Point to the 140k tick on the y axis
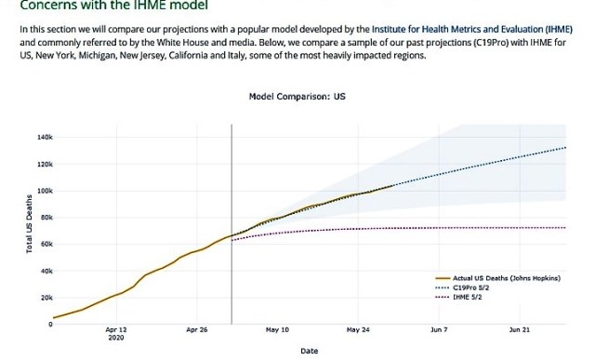[x=44, y=137]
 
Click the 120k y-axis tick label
[x=44, y=164]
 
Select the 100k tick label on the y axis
[x=44, y=191]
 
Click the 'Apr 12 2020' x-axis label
[x=116, y=333]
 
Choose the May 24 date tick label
[x=359, y=329]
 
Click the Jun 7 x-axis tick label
[x=439, y=329]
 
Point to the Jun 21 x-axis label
[x=520, y=329]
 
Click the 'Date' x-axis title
[x=309, y=351]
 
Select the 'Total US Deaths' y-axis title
[x=30, y=230]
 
